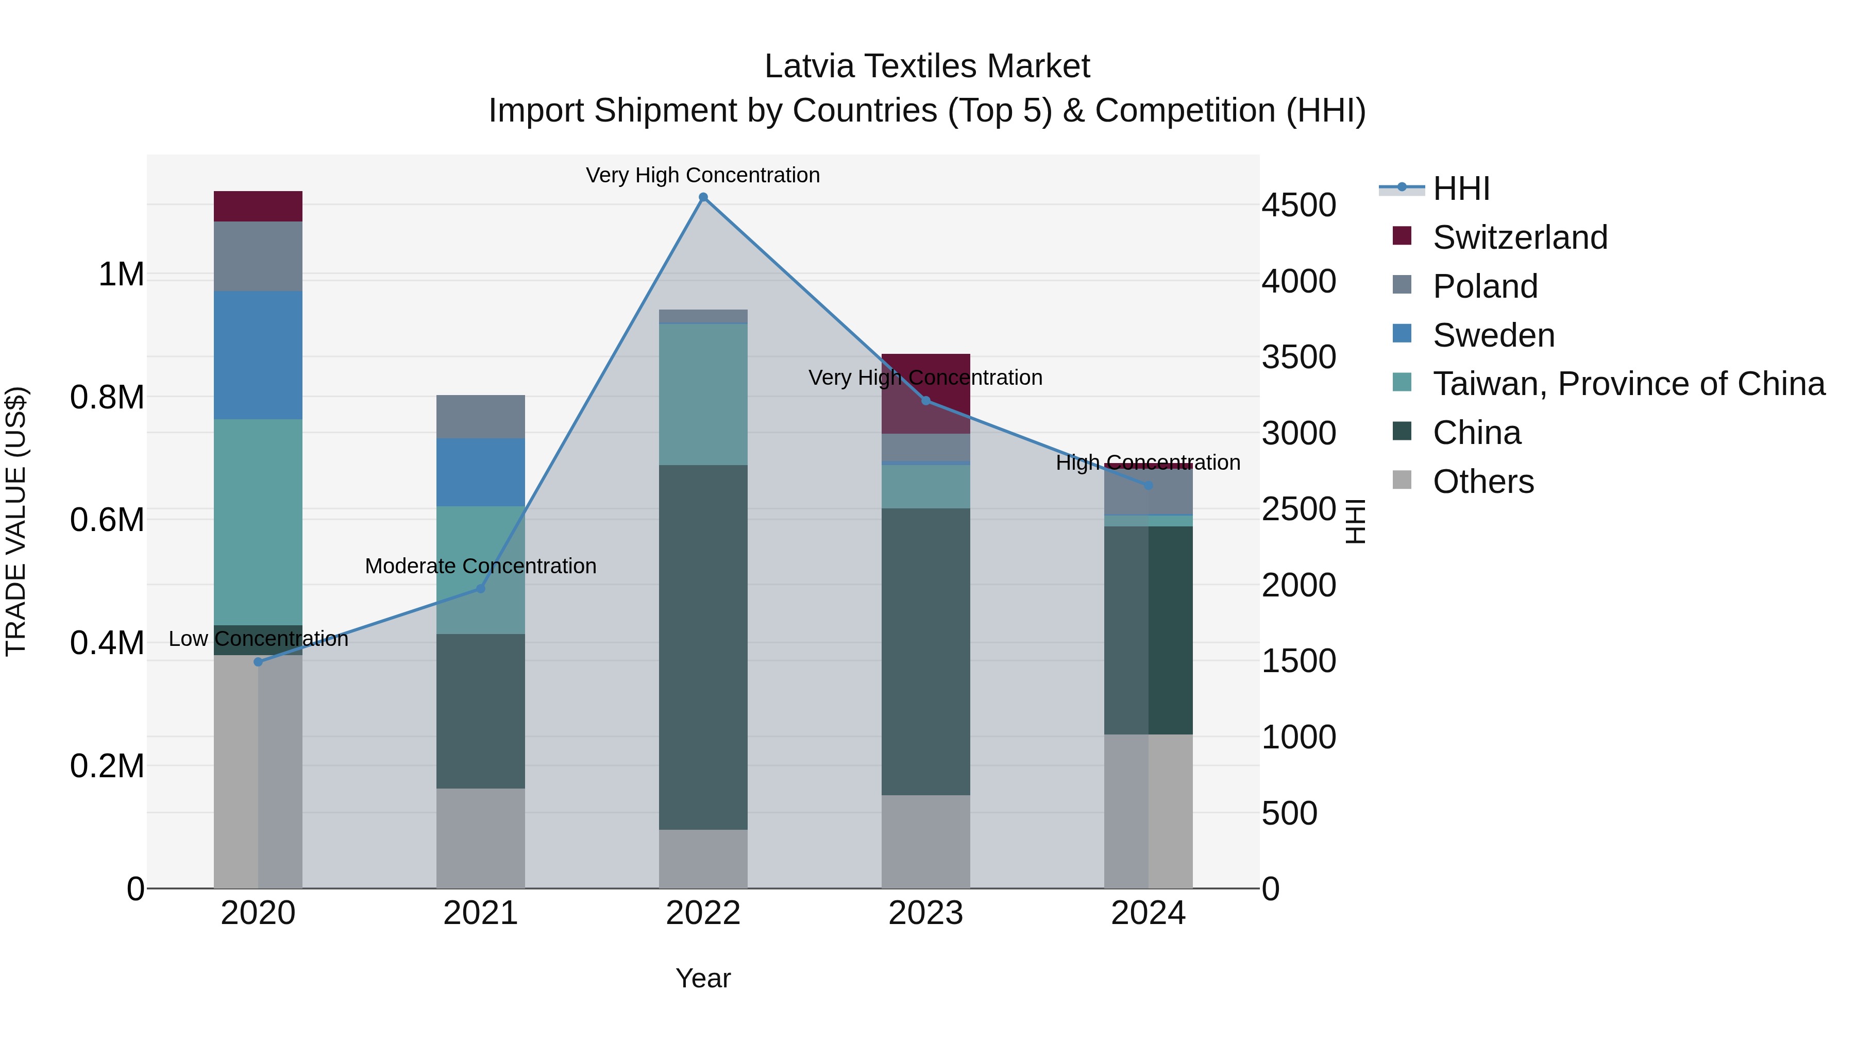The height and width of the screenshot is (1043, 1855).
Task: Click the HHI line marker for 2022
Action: pos(703,197)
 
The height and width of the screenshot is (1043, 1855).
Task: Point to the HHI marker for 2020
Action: pos(259,661)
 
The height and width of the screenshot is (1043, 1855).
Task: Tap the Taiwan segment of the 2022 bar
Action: pos(703,395)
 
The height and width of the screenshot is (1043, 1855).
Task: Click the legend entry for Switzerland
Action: pos(1520,237)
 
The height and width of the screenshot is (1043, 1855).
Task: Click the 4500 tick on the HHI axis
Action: pos(1298,205)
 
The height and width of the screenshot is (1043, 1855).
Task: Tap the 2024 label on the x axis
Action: pos(1148,913)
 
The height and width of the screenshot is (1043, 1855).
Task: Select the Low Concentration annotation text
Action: pos(259,639)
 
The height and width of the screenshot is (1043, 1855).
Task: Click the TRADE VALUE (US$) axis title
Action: pos(16,521)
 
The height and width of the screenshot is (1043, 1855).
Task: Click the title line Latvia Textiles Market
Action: pos(927,66)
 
